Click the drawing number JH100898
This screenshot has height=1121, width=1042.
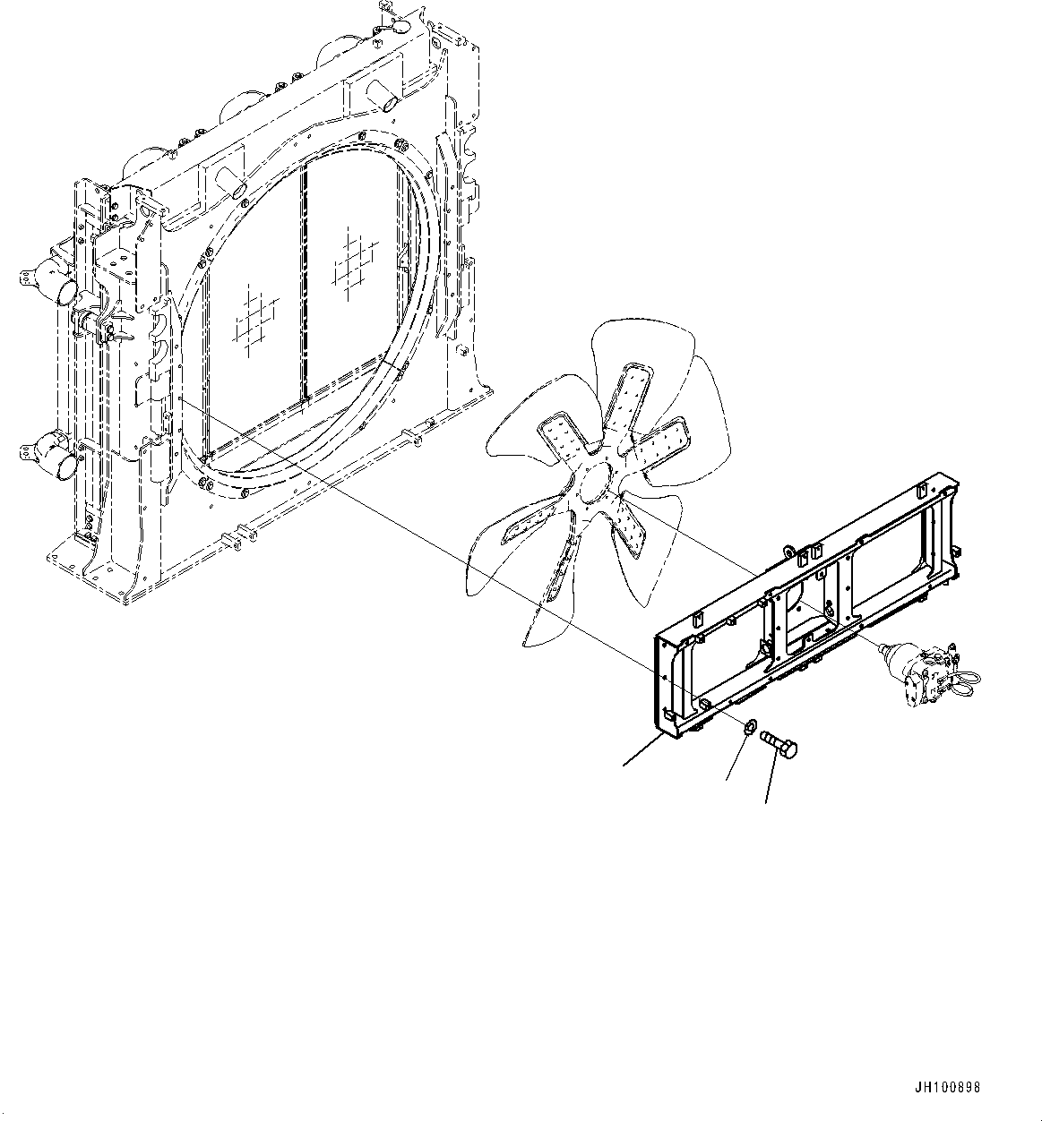[948, 1088]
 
